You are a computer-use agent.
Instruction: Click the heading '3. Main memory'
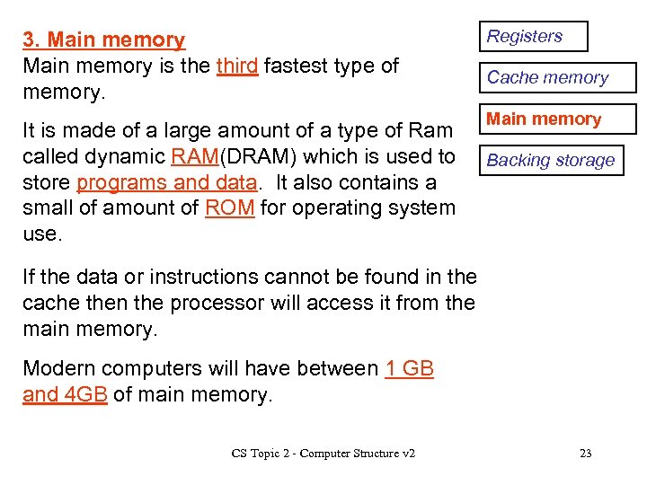103,40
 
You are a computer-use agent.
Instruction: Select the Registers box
532,37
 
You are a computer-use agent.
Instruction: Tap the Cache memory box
556,78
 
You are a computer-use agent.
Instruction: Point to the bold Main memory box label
544,119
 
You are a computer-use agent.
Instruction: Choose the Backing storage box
550,161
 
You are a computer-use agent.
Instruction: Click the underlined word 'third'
237,66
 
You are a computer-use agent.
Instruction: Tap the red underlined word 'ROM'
228,208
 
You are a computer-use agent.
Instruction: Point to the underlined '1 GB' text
409,368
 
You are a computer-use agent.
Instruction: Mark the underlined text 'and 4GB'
65,394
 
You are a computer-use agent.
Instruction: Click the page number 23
585,454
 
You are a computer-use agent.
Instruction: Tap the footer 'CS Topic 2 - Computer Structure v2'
323,454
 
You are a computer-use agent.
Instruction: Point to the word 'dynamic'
125,156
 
